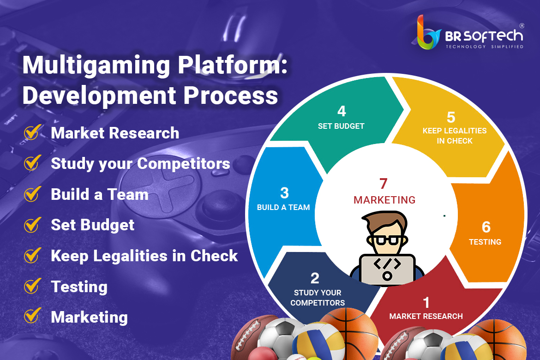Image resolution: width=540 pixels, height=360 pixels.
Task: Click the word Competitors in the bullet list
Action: click(x=184, y=163)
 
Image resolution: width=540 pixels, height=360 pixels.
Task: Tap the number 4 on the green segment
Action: click(x=341, y=111)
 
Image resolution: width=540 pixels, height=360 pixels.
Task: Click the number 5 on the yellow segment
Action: click(x=451, y=117)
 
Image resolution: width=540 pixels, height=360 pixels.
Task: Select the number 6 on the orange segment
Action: click(x=486, y=227)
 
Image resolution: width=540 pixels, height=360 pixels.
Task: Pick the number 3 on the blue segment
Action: click(x=284, y=193)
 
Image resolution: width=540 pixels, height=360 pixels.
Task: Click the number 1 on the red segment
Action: click(x=426, y=303)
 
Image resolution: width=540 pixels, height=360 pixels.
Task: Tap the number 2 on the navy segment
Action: click(x=315, y=278)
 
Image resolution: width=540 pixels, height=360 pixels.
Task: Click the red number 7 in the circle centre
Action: click(x=383, y=184)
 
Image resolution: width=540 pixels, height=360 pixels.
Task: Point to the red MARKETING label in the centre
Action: click(x=384, y=200)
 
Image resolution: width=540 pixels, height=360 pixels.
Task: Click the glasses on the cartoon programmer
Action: click(x=387, y=240)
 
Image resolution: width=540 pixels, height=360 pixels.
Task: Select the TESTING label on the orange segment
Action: click(x=485, y=242)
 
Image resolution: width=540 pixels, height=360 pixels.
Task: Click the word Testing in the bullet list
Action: click(x=79, y=287)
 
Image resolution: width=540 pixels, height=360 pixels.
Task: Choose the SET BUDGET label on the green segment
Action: click(x=341, y=126)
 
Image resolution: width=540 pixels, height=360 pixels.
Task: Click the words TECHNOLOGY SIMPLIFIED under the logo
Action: click(x=485, y=47)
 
